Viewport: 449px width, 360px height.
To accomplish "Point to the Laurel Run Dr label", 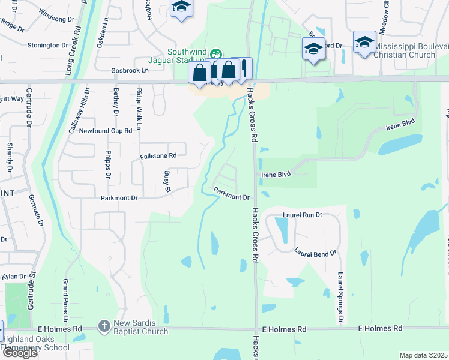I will coord(302,214).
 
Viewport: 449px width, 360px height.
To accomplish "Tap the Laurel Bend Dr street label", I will coord(315,253).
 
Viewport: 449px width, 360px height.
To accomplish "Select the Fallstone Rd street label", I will coord(158,155).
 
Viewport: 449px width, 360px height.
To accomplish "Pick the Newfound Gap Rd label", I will coord(105,130).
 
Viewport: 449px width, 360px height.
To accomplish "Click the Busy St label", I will coord(167,182).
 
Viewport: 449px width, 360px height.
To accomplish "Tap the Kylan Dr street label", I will coord(14,276).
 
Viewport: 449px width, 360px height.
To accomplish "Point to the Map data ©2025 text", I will coord(423,355).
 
